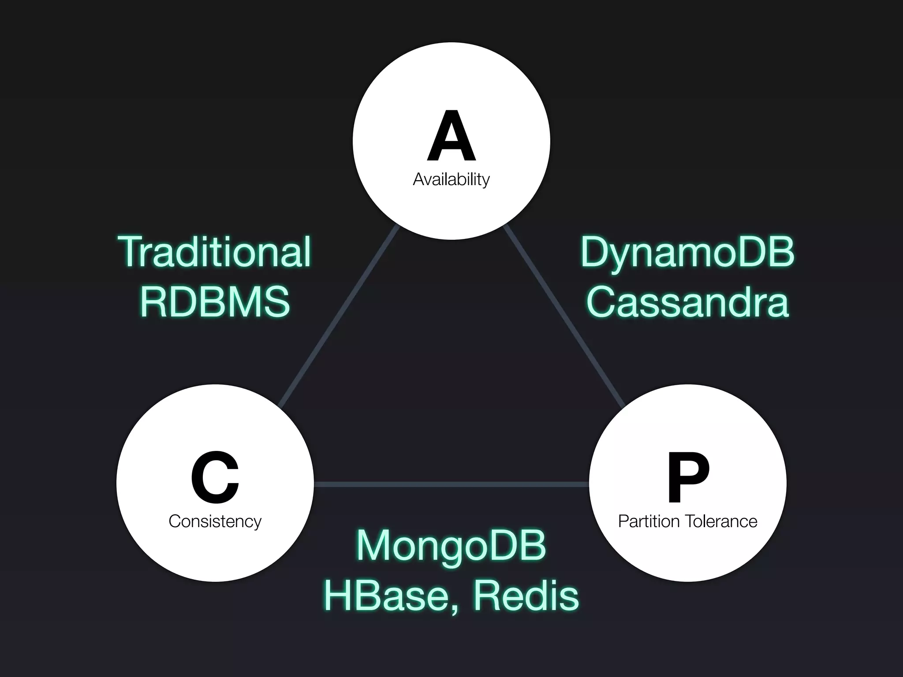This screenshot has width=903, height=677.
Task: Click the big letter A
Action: point(451,136)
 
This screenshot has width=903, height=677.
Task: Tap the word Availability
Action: point(451,179)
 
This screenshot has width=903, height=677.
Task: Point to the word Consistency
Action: point(215,521)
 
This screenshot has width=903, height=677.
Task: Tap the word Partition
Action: point(649,521)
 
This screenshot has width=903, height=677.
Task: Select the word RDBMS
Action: point(215,302)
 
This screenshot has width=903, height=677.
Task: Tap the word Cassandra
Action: point(687,302)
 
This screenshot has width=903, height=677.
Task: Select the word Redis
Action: point(526,596)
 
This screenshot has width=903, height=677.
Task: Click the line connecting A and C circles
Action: point(340,315)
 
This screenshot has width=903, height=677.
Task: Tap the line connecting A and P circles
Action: point(563,315)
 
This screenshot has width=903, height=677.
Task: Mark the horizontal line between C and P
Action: point(451,484)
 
